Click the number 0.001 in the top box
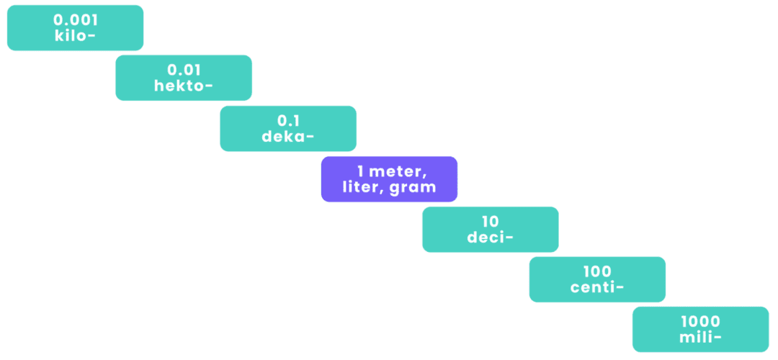coord(75,20)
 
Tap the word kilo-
coord(75,35)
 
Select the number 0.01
coord(184,70)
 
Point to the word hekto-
coord(184,86)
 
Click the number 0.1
coord(288,121)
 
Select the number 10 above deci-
coord(491,222)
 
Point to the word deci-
coord(491,238)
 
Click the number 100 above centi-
coord(597,272)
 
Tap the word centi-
coord(597,288)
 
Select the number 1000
coord(701,322)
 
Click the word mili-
coord(701,338)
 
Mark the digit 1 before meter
coord(360,172)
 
